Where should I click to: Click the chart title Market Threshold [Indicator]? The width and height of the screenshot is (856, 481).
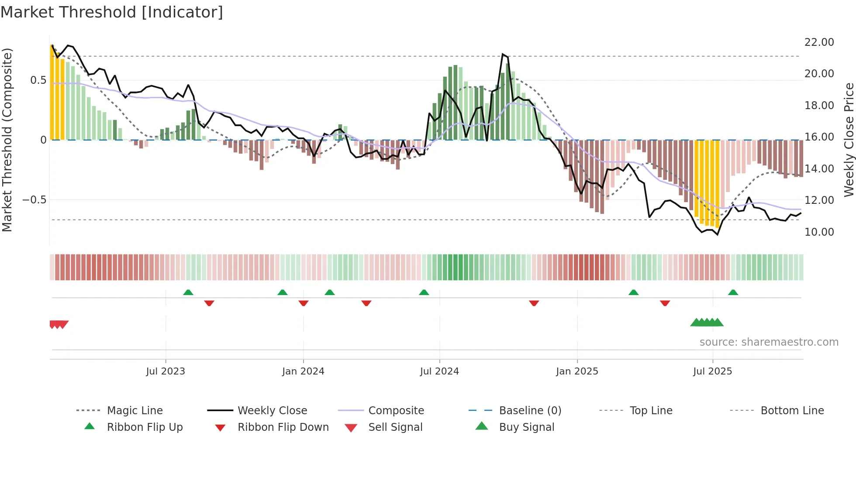click(112, 12)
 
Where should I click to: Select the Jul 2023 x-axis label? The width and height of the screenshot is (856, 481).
click(166, 371)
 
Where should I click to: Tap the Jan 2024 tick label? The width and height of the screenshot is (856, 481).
click(303, 371)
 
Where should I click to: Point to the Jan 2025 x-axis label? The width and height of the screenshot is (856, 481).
click(577, 371)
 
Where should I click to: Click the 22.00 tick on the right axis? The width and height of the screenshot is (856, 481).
click(819, 42)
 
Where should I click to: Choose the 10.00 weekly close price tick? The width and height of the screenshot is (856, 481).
click(819, 232)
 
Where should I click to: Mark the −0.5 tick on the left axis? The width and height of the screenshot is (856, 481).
click(34, 200)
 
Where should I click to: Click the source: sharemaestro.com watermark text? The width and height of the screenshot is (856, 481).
click(769, 342)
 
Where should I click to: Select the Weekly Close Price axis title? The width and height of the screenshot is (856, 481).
click(849, 140)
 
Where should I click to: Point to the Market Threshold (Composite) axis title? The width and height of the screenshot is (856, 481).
click(7, 140)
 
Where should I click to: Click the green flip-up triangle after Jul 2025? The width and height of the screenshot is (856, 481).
click(733, 292)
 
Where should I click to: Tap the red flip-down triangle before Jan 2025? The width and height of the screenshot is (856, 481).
click(534, 303)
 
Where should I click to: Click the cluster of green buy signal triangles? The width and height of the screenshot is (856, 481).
click(707, 323)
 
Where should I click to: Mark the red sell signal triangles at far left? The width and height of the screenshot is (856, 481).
click(59, 324)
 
